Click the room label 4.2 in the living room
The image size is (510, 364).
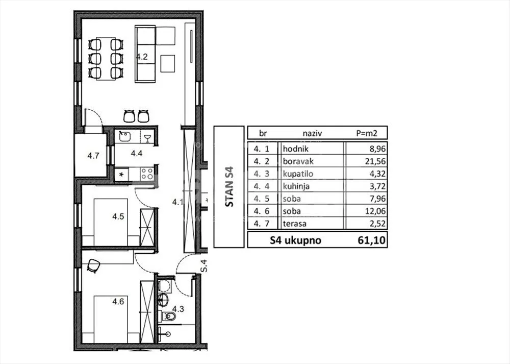coord(142,57)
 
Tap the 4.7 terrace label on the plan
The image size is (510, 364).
coord(93,156)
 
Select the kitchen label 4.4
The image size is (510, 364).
coord(137,153)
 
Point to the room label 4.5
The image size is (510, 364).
coord(118,216)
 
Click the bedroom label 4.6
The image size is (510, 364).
coord(118,302)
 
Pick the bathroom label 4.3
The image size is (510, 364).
coord(178,309)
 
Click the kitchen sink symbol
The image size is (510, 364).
coord(124,136)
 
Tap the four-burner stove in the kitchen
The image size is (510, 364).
coord(147,174)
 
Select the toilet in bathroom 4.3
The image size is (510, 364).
coord(169,316)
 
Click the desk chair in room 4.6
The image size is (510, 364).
coord(94,265)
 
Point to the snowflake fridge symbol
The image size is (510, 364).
coord(121,175)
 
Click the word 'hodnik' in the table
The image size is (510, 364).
coord(296,149)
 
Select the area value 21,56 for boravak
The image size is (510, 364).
coord(376,161)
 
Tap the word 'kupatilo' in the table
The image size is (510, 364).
coord(298,174)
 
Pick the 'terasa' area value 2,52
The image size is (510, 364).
coord(377,224)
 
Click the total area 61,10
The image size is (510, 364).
coord(372,240)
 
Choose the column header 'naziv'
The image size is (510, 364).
coord(312,133)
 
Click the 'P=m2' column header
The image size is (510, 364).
coord(367,133)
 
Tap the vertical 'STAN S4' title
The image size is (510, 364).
coord(229,186)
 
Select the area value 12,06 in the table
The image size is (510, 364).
coord(376,211)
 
